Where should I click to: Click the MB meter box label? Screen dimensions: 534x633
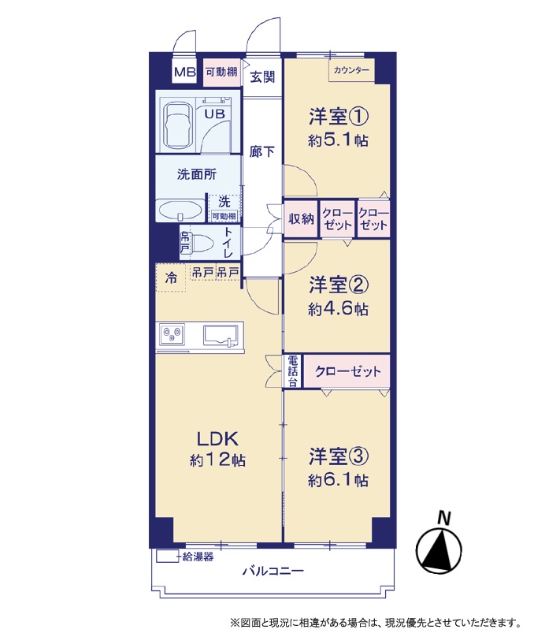[185, 73]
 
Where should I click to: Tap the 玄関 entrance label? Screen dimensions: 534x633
[262, 76]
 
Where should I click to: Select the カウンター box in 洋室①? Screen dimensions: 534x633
[351, 70]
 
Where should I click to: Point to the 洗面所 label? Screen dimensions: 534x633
[196, 174]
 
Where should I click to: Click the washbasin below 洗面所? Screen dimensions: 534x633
[180, 210]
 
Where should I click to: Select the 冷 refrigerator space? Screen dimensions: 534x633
[171, 277]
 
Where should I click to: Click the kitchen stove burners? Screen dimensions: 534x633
[172, 335]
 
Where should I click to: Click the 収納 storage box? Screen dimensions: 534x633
[302, 218]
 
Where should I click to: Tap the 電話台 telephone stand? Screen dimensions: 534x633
[293, 371]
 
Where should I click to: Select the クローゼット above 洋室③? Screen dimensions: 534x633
[347, 371]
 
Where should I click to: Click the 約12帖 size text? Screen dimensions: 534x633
[218, 460]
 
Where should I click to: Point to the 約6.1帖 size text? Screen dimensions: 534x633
[338, 480]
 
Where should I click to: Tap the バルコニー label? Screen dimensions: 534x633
[273, 571]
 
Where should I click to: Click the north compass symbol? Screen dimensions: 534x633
[439, 545]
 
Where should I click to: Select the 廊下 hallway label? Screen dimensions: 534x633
[261, 152]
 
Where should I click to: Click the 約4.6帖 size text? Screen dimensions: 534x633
[338, 309]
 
